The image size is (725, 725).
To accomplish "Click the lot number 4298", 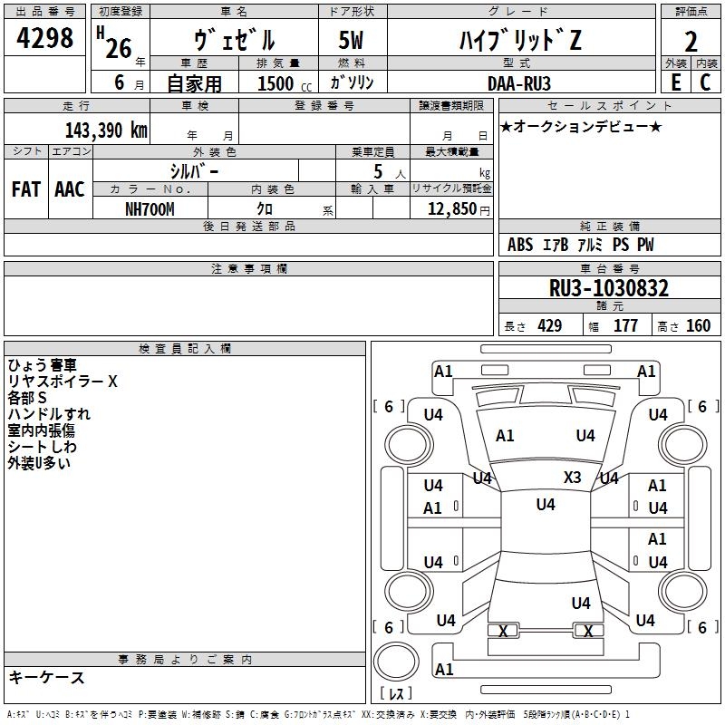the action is tap(44, 38).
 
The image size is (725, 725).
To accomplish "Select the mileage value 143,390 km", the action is tap(106, 130).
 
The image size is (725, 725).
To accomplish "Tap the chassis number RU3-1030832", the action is tap(608, 288).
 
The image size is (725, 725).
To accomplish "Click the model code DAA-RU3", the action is tap(518, 83).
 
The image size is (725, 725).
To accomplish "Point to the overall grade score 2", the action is tap(691, 42).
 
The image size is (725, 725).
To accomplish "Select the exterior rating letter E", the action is tap(676, 82).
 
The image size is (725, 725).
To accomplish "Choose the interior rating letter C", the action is tap(705, 82).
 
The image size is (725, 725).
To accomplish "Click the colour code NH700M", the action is tap(150, 209).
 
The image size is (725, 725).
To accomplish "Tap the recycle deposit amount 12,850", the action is tap(451, 209).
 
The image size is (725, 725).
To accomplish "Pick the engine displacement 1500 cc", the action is tap(285, 83).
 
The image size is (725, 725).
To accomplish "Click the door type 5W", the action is tap(351, 40).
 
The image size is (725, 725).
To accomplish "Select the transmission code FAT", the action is tap(26, 189).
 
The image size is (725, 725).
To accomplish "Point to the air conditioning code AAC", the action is tap(70, 189).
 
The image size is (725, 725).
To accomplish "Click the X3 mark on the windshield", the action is tap(573, 478).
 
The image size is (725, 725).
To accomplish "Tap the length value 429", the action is tap(550, 326).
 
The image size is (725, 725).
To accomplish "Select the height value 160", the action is tap(698, 326).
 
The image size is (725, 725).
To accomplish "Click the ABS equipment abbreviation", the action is tap(520, 245).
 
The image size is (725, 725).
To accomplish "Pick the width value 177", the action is tap(625, 326).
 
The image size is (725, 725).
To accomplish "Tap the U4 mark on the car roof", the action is tap(546, 505).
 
